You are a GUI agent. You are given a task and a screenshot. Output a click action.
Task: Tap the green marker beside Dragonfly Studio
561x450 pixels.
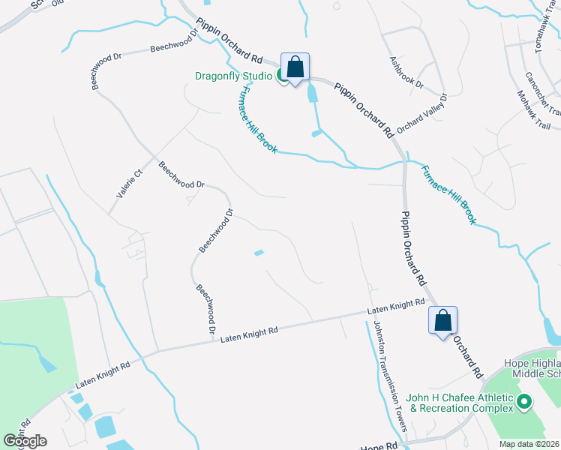point(283,74)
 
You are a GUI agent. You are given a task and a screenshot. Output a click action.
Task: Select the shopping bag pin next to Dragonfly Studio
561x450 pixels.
point(295,67)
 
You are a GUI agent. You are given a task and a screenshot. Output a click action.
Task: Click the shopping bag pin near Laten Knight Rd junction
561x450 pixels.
point(442,321)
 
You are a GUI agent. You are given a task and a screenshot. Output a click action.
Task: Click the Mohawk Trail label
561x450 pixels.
point(533,110)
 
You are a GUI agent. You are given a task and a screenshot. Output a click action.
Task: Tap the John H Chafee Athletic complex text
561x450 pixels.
point(459,403)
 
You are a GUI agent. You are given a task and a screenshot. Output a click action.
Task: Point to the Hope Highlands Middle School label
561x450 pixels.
point(532,367)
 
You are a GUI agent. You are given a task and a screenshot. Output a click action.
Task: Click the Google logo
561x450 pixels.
point(25,441)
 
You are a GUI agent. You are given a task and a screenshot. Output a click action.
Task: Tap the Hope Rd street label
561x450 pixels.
point(381,445)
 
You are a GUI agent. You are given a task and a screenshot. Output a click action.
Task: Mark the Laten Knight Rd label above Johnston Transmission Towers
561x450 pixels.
point(397,307)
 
